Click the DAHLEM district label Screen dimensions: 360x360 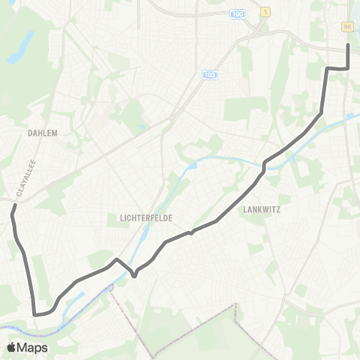[42, 132]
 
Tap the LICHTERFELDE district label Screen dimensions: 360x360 [146, 217]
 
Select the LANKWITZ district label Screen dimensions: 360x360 [261, 211]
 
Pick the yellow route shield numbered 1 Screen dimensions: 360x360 [265, 13]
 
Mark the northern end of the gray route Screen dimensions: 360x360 [348, 45]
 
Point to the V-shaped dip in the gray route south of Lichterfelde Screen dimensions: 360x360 [133, 275]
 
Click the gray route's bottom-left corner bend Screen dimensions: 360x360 [35, 314]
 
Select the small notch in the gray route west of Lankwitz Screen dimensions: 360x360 [191, 232]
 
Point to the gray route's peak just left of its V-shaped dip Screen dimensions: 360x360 [117, 260]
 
